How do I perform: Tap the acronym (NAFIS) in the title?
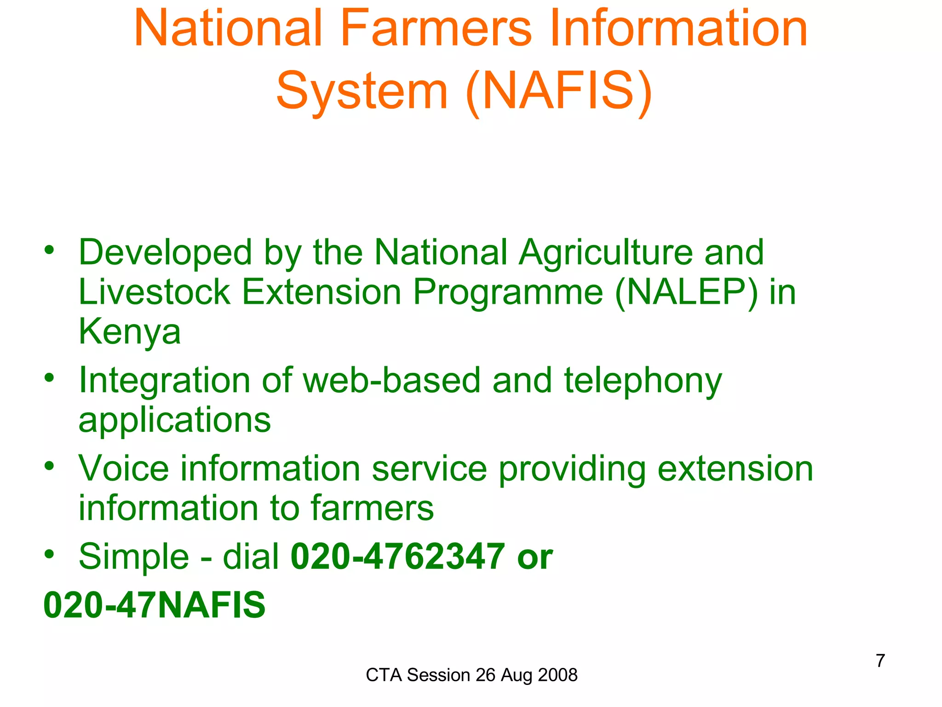point(559,91)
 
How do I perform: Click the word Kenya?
point(130,332)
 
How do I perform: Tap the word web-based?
point(391,381)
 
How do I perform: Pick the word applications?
point(175,420)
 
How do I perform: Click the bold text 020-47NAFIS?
point(155,605)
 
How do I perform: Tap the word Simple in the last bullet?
point(134,557)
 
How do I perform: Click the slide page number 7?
point(880,661)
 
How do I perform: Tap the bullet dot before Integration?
point(49,378)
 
